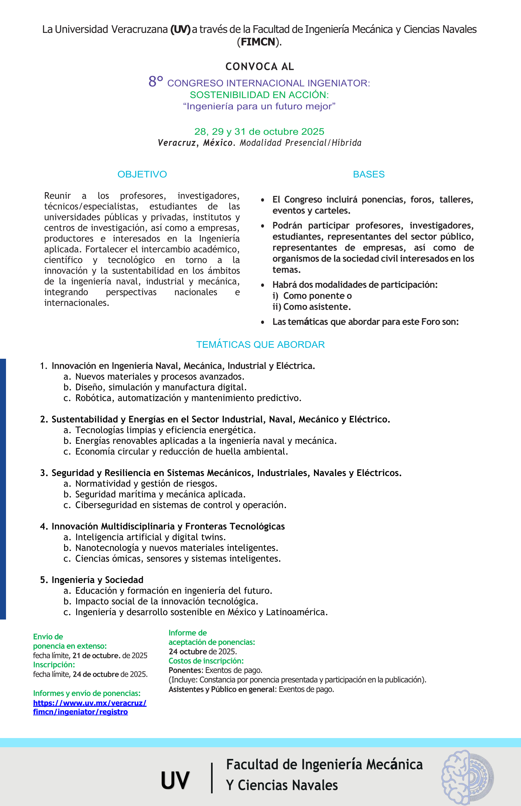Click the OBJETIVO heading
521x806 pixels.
pos(142,174)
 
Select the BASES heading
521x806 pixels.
pos(369,174)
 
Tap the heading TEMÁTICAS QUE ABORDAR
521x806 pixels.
pos(260,345)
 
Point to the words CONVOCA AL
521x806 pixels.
pos(260,66)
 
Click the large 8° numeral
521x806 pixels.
pos(156,82)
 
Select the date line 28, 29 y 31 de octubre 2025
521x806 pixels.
pos(259,131)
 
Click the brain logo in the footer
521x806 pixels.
pos(468,777)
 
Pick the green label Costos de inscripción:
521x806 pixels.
pos(206,661)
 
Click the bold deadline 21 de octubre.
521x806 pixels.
pos(96,656)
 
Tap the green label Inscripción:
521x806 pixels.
pos(54,665)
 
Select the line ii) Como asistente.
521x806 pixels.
pos(312,307)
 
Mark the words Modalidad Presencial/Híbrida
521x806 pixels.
pos(300,143)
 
